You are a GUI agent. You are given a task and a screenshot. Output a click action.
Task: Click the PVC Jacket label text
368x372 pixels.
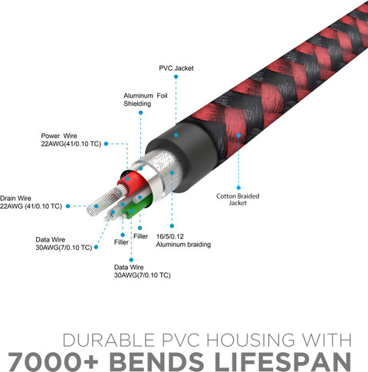tap(176, 68)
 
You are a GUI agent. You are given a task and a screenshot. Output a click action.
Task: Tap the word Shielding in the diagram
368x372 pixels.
tap(137, 104)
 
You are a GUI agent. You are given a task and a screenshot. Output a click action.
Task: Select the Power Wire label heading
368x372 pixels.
tap(59, 136)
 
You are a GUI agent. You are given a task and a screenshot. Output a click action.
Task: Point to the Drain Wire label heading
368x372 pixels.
tap(15, 198)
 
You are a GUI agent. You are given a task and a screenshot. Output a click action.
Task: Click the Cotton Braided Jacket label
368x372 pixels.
tap(238, 199)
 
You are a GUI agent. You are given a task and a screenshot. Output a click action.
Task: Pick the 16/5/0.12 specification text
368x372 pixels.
tap(170, 236)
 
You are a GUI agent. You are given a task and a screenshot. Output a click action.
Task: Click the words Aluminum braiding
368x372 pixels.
tap(183, 245)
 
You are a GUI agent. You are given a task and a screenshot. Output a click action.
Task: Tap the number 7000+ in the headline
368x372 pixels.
tap(53, 361)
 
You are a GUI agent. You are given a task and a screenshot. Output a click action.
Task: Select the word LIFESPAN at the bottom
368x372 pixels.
tap(283, 361)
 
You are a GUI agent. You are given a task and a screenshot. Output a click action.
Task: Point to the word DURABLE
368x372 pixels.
tap(108, 341)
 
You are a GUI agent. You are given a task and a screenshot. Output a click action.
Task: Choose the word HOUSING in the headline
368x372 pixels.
tap(251, 341)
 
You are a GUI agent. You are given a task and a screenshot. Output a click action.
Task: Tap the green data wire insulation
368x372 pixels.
tap(136, 207)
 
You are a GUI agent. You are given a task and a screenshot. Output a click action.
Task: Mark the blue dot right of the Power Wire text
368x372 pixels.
tap(106, 143)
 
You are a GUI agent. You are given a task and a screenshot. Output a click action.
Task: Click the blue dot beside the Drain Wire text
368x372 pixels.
tap(68, 206)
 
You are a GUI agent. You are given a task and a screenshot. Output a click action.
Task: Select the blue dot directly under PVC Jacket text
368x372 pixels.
tap(176, 77)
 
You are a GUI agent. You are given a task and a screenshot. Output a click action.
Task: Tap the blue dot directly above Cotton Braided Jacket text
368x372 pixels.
tap(238, 188)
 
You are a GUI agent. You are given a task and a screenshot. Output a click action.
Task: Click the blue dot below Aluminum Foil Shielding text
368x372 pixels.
tap(140, 113)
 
